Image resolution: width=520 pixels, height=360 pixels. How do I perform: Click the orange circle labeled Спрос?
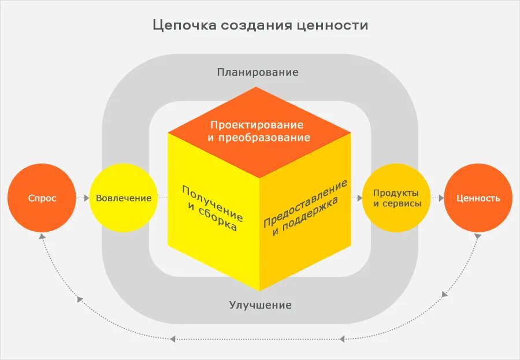[42, 198]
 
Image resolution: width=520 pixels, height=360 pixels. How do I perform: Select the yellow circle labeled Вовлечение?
[124, 198]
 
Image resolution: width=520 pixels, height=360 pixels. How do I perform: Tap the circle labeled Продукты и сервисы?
[396, 198]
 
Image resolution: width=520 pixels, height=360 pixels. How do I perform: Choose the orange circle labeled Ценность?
[478, 198]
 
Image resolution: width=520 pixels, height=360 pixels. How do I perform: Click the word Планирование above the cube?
[258, 72]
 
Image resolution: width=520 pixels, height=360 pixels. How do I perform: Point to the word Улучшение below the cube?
[260, 305]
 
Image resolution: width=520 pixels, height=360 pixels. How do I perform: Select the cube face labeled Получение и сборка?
[213, 208]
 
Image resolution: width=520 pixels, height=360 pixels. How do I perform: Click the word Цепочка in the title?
[183, 25]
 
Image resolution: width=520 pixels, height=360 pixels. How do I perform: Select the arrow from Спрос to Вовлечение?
[83, 198]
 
